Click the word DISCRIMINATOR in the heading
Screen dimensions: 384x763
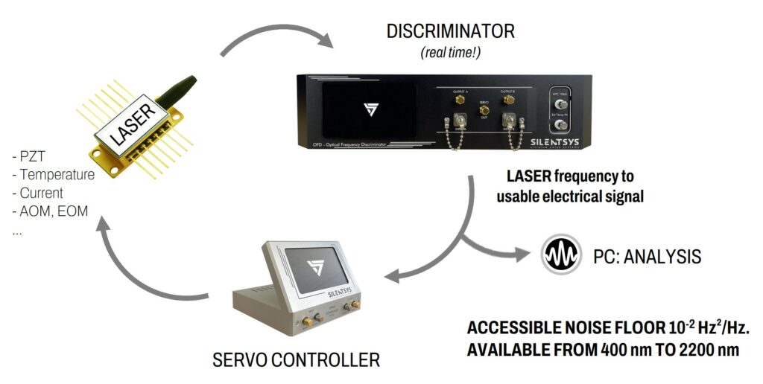pyautogui.click(x=450, y=31)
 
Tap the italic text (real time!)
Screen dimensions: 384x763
pyautogui.click(x=450, y=53)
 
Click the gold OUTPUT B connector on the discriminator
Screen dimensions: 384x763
pyautogui.click(x=510, y=99)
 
